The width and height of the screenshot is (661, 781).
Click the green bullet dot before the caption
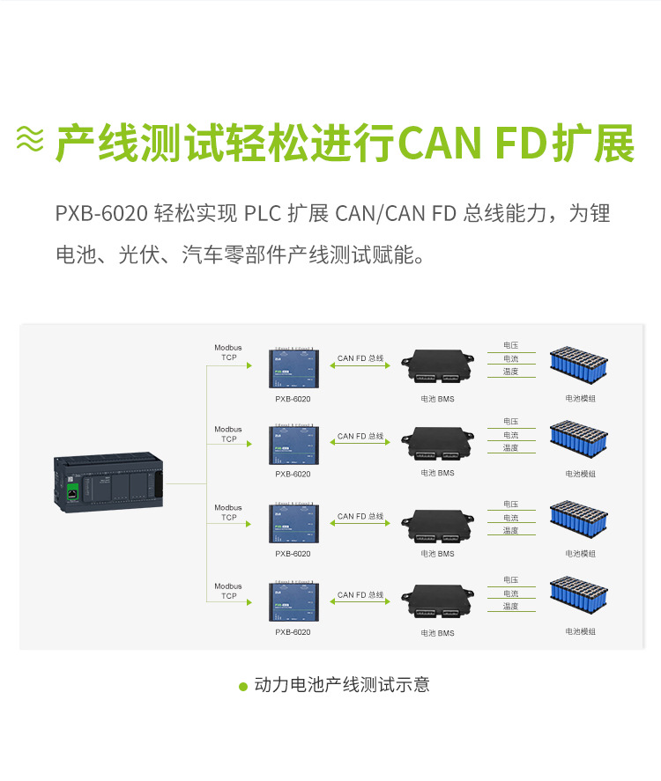(x=243, y=686)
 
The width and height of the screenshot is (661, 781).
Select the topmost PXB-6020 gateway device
(x=293, y=368)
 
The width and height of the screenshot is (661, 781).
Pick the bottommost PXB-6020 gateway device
(x=293, y=602)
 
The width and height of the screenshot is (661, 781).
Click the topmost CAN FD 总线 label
(x=360, y=358)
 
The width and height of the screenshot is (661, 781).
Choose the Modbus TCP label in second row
(x=228, y=434)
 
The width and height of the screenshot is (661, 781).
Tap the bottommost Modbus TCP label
(x=228, y=591)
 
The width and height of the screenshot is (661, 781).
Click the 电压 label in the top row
(x=510, y=346)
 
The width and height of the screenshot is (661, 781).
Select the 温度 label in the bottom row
(x=510, y=607)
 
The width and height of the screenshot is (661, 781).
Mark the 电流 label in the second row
(x=510, y=435)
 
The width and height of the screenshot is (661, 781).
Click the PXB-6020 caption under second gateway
(x=293, y=474)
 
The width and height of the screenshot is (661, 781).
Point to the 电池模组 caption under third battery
(x=580, y=554)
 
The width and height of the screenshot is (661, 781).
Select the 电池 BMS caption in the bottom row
(x=437, y=633)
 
